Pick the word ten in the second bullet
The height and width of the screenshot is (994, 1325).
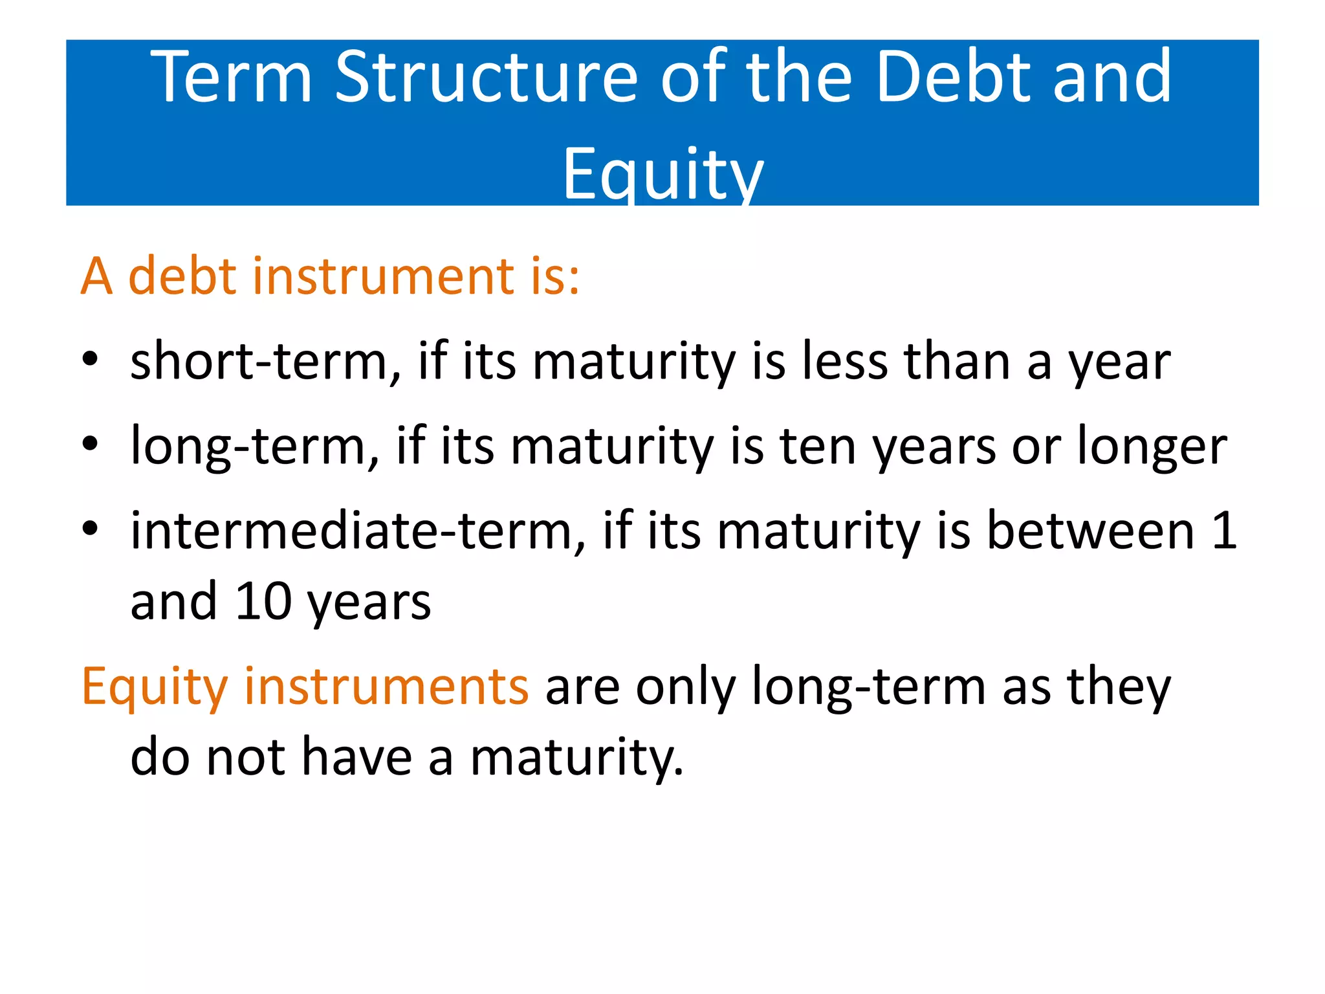[818, 447]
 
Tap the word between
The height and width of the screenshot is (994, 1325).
[1090, 531]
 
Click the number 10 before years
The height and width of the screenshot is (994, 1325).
[263, 602]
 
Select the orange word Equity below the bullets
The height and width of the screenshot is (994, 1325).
[155, 687]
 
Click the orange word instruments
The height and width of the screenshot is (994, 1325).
[386, 687]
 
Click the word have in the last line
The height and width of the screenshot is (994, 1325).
[356, 757]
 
